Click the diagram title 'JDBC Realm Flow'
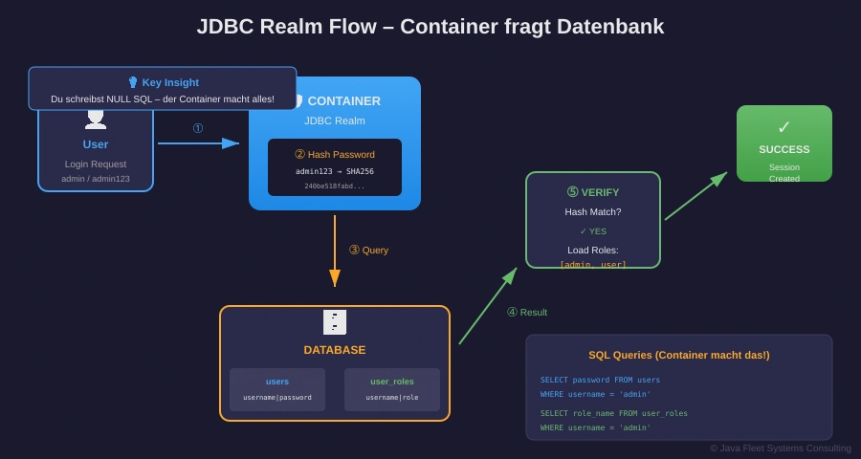click(430, 27)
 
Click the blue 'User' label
click(96, 144)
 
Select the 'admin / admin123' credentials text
click(96, 179)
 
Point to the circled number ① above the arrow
click(198, 128)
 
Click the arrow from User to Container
click(198, 143)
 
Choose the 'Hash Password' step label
click(335, 154)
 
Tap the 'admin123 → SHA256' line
click(335, 171)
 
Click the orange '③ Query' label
click(368, 250)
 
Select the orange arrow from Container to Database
click(335, 250)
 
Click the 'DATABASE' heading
click(335, 350)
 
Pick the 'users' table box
click(277, 389)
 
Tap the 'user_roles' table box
click(392, 389)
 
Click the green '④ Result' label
click(527, 312)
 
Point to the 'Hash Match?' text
click(593, 212)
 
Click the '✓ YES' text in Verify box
click(593, 231)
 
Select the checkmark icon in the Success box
click(784, 127)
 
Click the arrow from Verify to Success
click(695, 196)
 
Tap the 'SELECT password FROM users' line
click(600, 380)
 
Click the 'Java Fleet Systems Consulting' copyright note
click(780, 448)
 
